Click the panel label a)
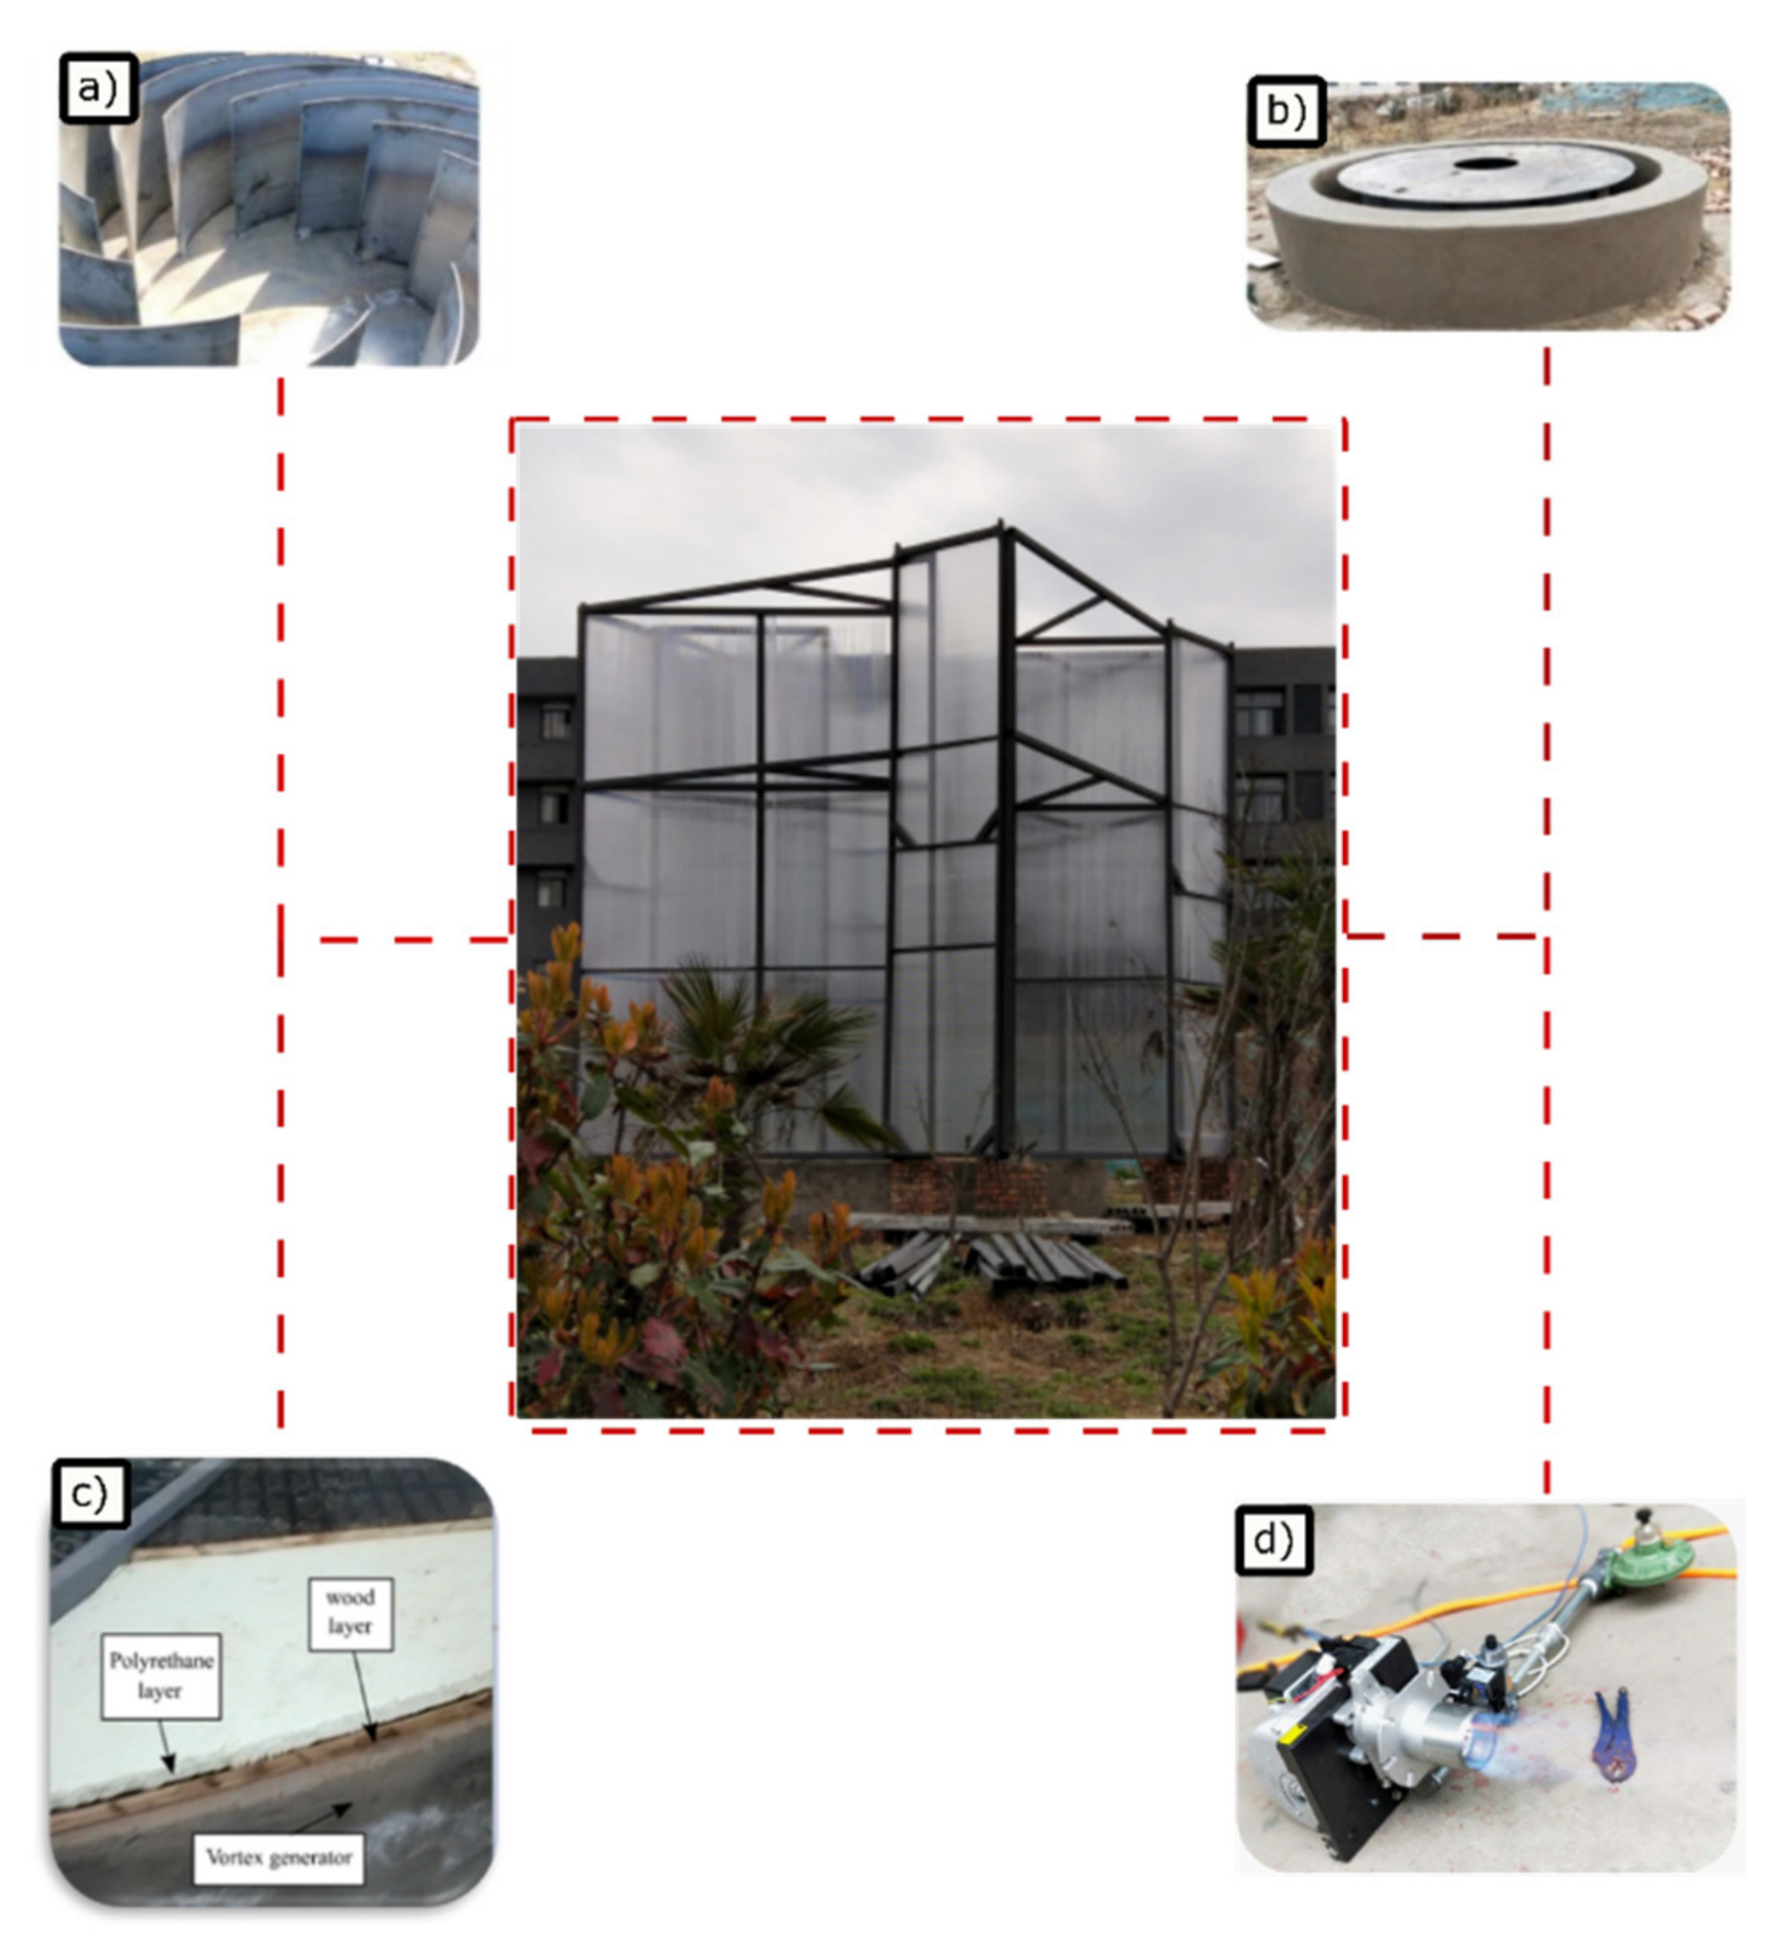[98, 89]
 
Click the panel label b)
[1286, 112]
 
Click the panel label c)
[90, 1492]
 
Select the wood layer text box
[350, 1614]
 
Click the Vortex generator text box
[278, 1858]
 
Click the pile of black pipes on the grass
[991, 1264]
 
